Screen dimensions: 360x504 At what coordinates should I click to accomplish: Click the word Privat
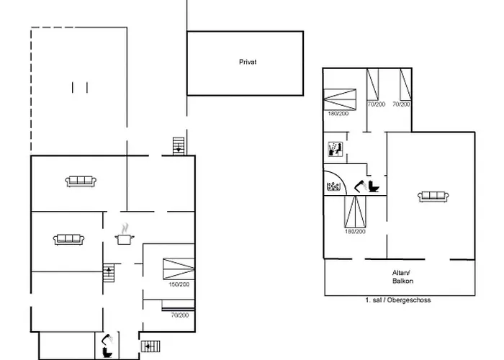click(248, 63)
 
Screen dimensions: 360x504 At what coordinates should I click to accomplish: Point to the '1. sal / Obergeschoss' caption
click(398, 300)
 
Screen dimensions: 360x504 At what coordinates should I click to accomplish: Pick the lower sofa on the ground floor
click(68, 238)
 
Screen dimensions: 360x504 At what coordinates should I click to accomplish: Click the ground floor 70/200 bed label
click(179, 315)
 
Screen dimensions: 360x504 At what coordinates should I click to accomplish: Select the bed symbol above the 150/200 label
click(179, 268)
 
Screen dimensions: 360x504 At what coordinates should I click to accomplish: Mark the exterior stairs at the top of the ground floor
click(179, 146)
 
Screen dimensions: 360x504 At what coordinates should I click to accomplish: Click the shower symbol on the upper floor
click(334, 150)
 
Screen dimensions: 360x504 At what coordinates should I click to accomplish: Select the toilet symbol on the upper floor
click(373, 187)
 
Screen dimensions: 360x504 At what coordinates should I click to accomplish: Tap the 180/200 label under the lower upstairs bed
click(355, 231)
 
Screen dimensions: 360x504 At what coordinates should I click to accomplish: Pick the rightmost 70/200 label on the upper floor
click(402, 104)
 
